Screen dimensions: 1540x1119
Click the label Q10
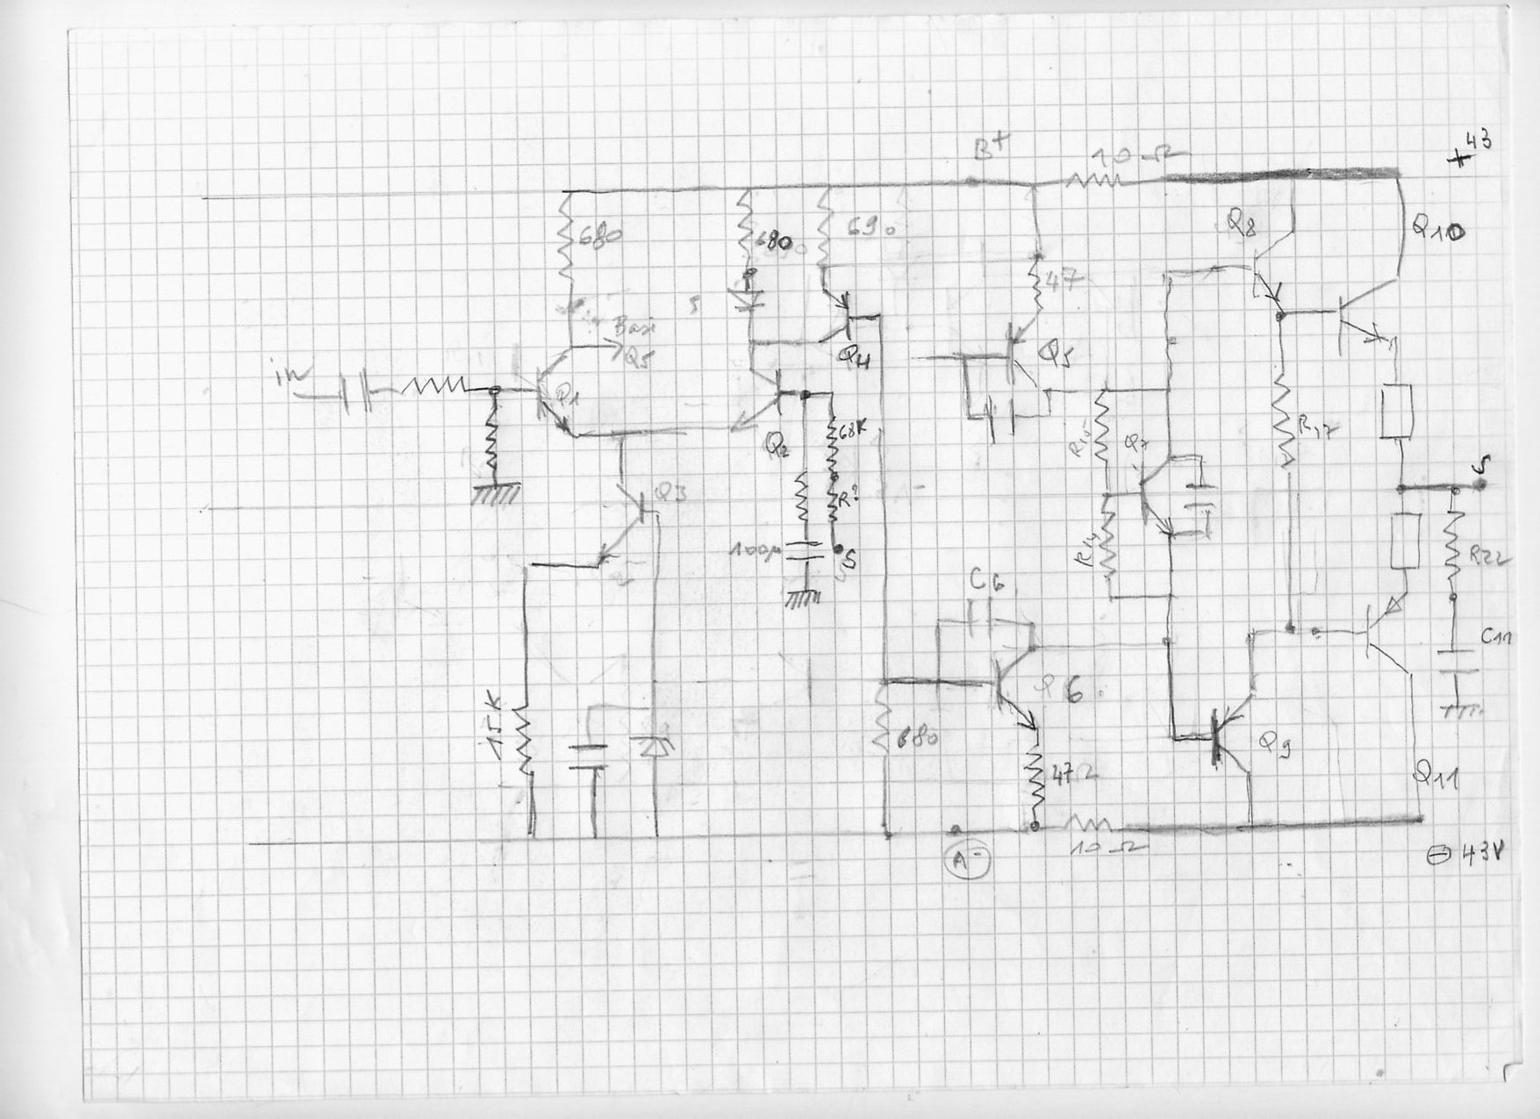coord(1436,230)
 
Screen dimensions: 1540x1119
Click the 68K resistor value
coord(847,434)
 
